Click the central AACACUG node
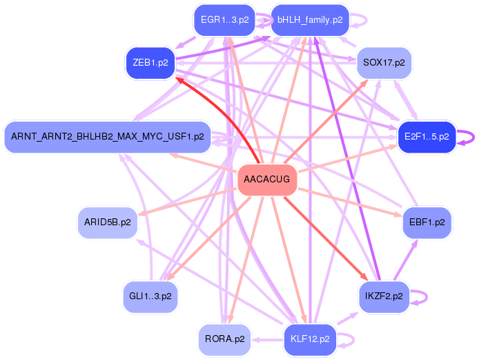(x=267, y=180)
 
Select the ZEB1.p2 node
(x=150, y=63)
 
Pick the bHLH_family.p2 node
(x=310, y=20)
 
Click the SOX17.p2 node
(x=383, y=63)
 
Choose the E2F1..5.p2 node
(x=427, y=137)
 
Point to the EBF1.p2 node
(x=426, y=222)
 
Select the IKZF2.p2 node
(x=383, y=296)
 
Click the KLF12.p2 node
(x=310, y=339)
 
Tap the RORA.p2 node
(x=224, y=339)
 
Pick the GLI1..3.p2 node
(x=150, y=296)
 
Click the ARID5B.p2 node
(x=107, y=222)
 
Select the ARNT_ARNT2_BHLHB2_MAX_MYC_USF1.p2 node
(x=107, y=137)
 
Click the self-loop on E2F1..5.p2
(x=470, y=137)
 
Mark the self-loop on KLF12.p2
(x=351, y=339)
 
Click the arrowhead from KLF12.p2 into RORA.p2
(x=254, y=339)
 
